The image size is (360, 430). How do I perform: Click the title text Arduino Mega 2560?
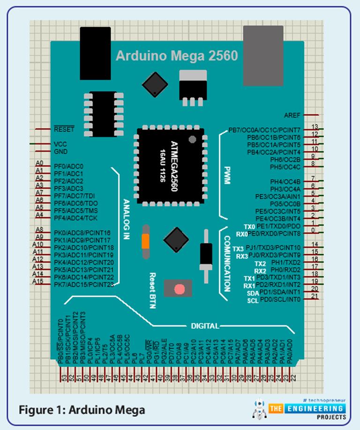click(177, 56)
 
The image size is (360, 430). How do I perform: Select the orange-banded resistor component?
click(146, 241)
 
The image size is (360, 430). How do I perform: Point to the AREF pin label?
click(292, 115)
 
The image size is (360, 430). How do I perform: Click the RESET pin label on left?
click(64, 129)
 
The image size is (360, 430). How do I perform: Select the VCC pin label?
click(60, 144)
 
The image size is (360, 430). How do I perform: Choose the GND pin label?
click(61, 151)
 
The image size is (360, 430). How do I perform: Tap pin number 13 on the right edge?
click(315, 127)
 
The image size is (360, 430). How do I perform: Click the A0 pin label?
click(39, 163)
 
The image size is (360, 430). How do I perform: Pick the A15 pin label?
click(38, 281)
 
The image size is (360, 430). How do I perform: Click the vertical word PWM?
click(227, 174)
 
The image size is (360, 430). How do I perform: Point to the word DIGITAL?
click(204, 325)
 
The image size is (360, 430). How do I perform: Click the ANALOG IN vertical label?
click(125, 219)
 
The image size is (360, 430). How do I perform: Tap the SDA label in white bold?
click(252, 293)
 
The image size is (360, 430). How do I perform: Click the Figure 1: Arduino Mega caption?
click(82, 409)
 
